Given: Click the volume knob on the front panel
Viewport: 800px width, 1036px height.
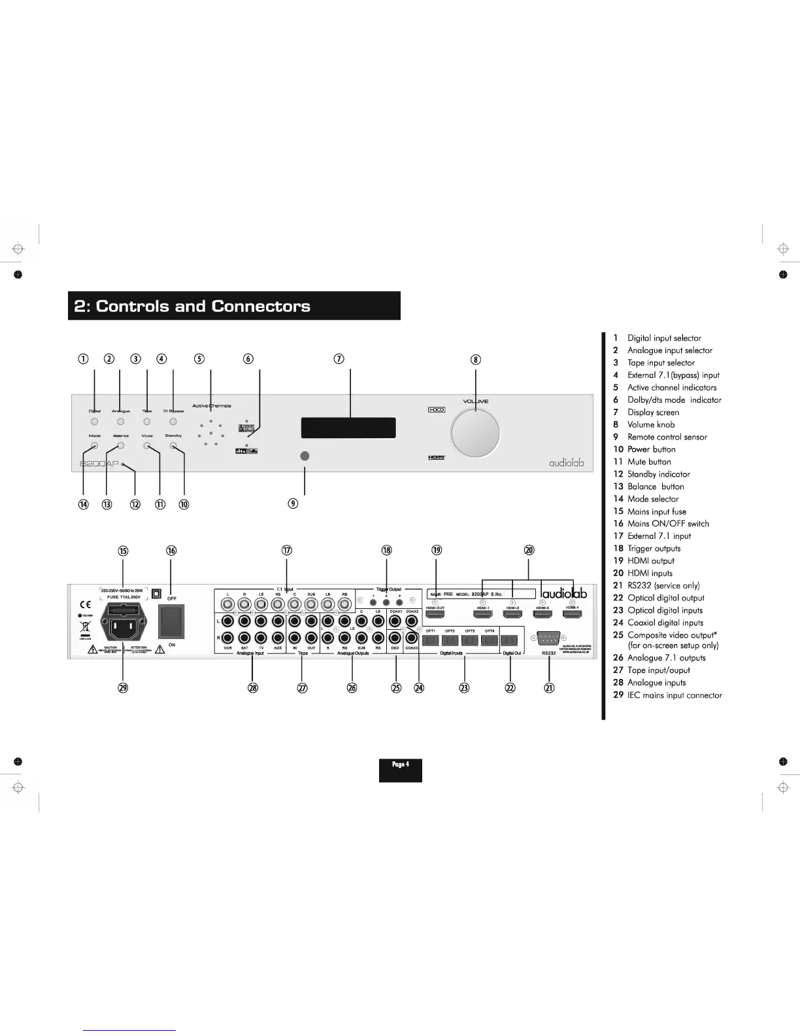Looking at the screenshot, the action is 475,432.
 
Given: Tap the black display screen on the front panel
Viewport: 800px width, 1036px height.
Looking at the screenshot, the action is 348,428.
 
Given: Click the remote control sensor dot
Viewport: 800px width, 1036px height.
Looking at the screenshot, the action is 305,456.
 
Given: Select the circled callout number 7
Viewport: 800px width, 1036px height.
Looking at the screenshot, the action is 339,358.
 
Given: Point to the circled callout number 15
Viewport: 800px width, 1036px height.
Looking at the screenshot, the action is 123,551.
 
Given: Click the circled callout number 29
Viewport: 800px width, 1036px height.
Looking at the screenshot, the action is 123,687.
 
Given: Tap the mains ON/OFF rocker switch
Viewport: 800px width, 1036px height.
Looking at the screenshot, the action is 172,621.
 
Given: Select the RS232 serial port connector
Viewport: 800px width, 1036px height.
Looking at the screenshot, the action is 549,638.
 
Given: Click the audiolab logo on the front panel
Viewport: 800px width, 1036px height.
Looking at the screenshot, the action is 566,463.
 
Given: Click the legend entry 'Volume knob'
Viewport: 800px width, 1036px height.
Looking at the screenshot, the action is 651,424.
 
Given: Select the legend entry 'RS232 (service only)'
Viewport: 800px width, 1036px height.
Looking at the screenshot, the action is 663,585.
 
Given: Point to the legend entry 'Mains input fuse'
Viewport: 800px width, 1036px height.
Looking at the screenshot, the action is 657,511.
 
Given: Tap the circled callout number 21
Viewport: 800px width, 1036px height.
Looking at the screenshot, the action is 549,687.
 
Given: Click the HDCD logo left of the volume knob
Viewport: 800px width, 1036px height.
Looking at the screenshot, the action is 437,410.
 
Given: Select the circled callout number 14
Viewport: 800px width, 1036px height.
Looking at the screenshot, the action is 84,504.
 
